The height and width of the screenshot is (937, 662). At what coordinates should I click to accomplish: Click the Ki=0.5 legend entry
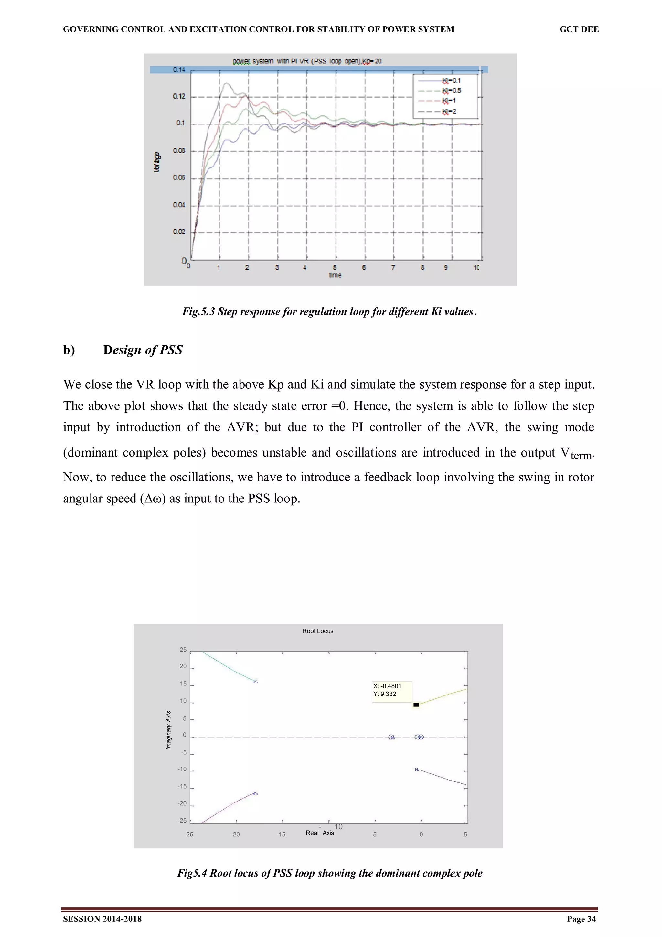point(451,91)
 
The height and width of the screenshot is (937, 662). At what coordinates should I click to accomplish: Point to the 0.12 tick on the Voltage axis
point(179,96)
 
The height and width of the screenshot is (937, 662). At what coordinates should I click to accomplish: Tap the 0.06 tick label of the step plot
point(179,178)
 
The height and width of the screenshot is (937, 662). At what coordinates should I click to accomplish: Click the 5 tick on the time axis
point(335,268)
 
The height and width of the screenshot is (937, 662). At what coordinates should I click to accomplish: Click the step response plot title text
point(307,61)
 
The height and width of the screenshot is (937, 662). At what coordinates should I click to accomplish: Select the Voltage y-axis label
point(157,162)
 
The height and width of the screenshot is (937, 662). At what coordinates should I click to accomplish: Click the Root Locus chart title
point(317,631)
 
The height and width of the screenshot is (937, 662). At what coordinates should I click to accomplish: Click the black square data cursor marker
point(416,705)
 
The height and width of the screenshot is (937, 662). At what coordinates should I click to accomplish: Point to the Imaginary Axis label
point(168,730)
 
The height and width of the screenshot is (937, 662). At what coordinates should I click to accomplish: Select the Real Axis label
point(320,833)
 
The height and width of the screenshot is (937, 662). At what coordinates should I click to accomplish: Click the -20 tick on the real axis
point(235,835)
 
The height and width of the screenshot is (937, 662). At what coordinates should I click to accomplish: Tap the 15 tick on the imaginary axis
point(183,684)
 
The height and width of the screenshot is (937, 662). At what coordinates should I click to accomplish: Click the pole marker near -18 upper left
point(255,682)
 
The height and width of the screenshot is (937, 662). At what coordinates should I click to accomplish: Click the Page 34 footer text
point(581,919)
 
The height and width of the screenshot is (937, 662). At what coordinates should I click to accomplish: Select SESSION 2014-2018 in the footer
point(102,919)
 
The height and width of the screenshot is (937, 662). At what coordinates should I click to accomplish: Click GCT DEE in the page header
point(579,29)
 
